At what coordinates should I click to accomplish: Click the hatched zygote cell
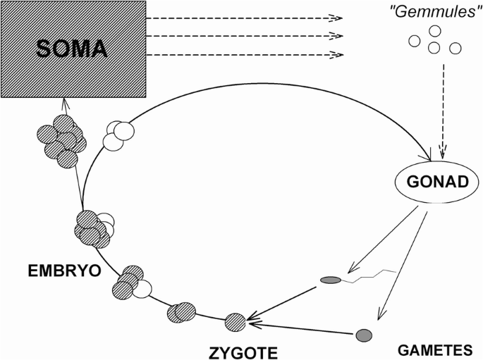[x=236, y=322]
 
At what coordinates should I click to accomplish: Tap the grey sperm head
[x=330, y=280]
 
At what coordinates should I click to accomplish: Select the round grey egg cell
[x=364, y=335]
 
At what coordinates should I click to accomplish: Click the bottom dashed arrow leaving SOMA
[x=247, y=54]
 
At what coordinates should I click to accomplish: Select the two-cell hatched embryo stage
[x=181, y=311]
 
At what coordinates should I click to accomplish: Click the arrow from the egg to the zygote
[x=303, y=329]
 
